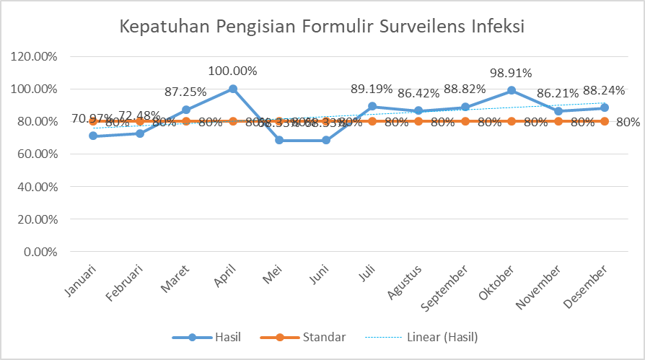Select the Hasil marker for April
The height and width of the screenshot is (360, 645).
pos(233,89)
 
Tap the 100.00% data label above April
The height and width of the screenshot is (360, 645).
pos(233,71)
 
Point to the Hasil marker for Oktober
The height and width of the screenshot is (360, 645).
pos(512,90)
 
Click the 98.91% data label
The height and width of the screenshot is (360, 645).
pos(511,73)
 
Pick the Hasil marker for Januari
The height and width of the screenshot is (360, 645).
pos(93,136)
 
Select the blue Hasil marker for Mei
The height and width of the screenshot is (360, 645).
pos(279,140)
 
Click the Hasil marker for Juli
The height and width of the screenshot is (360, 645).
pos(372,106)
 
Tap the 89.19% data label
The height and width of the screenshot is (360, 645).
pos(372,89)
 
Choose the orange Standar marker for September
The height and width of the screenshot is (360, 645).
pos(465,121)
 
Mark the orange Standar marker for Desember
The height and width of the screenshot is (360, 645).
pos(605,121)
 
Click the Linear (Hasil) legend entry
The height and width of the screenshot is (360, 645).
pos(421,337)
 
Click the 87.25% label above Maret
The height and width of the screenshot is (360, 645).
pos(186,92)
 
